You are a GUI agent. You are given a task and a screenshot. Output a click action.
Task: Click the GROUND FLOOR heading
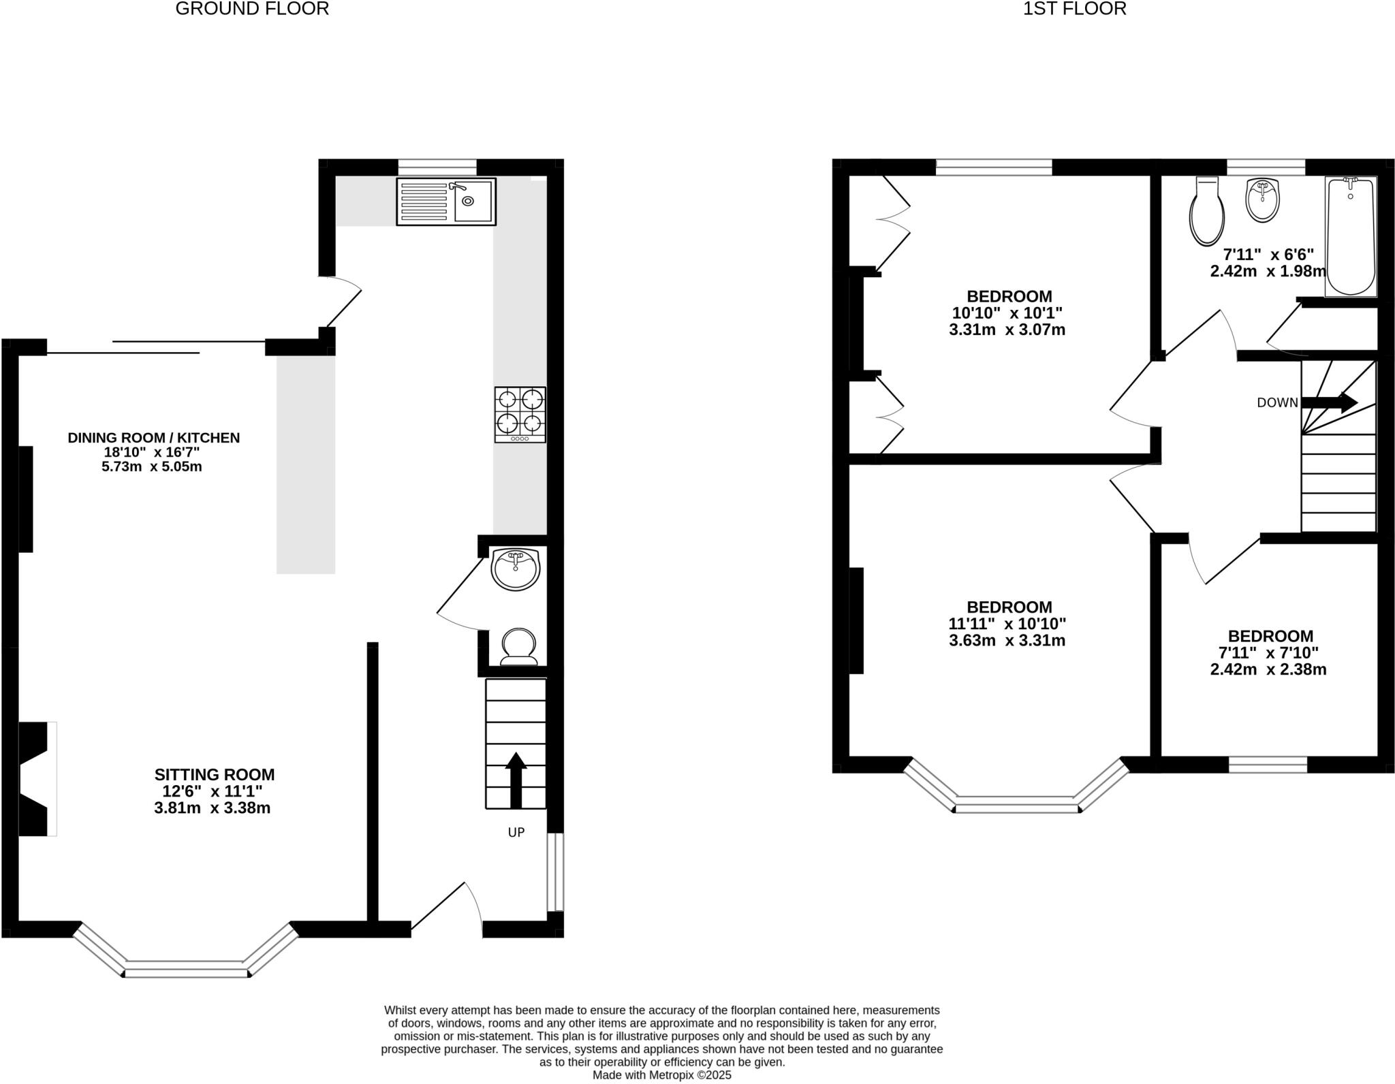click(x=252, y=9)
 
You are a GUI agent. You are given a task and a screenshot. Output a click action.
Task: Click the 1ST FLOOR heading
click(x=1074, y=9)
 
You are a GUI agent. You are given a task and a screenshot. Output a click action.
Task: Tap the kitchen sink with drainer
click(x=446, y=202)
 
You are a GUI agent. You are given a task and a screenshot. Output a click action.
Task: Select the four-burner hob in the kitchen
click(x=520, y=415)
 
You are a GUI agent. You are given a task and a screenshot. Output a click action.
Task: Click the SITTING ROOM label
click(x=214, y=775)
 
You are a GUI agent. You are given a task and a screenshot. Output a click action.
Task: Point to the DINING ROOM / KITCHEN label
click(x=153, y=438)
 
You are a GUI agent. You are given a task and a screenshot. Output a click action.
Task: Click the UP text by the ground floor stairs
click(x=516, y=832)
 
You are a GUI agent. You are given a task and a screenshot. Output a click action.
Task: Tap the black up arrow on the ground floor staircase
click(x=516, y=780)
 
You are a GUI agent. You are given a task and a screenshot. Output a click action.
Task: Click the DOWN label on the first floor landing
click(x=1277, y=402)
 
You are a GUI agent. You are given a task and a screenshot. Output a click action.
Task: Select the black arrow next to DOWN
click(x=1329, y=402)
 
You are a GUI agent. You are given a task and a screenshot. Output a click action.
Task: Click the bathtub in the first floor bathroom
click(x=1351, y=236)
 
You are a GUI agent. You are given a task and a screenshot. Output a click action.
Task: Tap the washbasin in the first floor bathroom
click(x=1262, y=200)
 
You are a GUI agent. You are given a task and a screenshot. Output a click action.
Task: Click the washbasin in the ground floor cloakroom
click(x=516, y=569)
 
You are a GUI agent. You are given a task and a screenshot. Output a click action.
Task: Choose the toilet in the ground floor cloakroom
click(x=518, y=646)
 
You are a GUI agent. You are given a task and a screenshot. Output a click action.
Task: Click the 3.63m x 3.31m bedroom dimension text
click(x=1007, y=641)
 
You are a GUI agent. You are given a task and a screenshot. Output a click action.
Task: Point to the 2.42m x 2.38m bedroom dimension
click(x=1268, y=669)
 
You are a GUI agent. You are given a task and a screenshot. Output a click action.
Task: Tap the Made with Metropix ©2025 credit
click(x=661, y=1075)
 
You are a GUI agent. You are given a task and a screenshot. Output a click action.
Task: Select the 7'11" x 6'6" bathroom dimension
click(x=1268, y=255)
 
